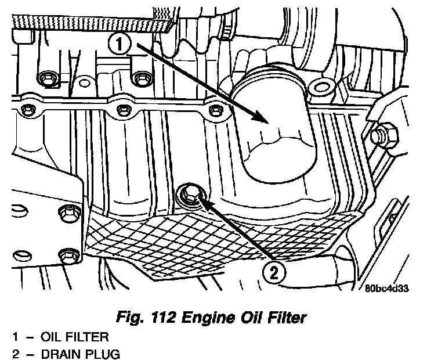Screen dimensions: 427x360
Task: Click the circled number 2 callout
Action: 274,271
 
